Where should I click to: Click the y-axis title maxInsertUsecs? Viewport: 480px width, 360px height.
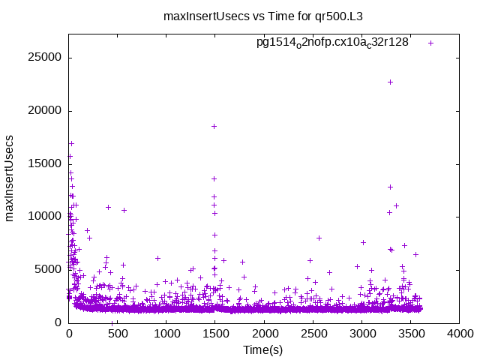[x=10, y=178]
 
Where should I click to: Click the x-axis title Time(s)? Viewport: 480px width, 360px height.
[x=263, y=350]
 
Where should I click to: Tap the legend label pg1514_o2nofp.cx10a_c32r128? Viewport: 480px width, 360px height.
[x=332, y=42]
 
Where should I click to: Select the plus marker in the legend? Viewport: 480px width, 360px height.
[x=430, y=43]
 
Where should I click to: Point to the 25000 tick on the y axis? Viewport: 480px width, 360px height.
[x=46, y=58]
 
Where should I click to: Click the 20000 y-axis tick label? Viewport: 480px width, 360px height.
[x=46, y=111]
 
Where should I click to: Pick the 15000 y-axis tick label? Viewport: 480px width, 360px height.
[x=46, y=163]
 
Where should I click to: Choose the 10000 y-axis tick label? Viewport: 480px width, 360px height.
[x=46, y=217]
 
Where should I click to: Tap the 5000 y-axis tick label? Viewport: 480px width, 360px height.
[x=49, y=269]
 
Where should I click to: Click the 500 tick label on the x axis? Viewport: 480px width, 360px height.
[x=118, y=334]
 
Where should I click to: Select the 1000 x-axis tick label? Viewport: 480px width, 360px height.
[x=166, y=334]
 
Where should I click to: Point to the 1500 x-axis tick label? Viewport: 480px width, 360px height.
[x=215, y=334]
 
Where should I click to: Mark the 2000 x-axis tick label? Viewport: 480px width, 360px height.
[x=264, y=334]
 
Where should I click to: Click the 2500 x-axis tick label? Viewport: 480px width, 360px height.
[x=313, y=334]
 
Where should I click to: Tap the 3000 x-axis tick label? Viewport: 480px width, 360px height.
[x=361, y=334]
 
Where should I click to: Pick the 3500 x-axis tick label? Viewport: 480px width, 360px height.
[x=410, y=334]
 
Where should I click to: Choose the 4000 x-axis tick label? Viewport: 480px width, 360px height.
[x=459, y=334]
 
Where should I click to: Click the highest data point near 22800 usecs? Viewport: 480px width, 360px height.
[x=390, y=82]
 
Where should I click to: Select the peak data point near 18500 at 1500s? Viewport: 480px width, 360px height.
[x=214, y=126]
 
